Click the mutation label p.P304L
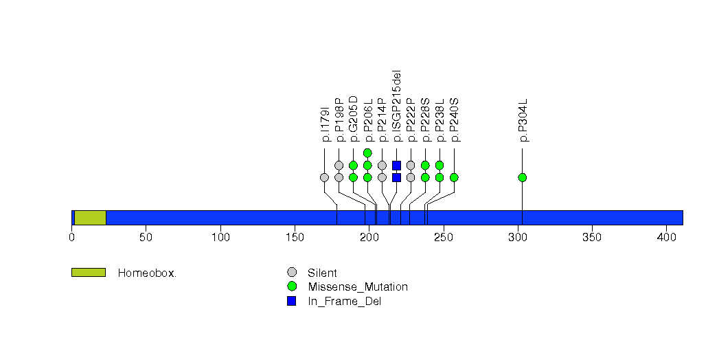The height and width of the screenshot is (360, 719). point(523,120)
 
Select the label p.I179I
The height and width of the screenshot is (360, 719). point(326,124)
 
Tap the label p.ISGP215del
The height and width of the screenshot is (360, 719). point(397,106)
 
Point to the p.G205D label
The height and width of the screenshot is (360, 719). point(353,119)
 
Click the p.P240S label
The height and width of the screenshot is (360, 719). point(455,120)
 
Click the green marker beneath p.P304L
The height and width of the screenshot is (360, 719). point(523,177)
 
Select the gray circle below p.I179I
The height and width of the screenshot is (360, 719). point(325,177)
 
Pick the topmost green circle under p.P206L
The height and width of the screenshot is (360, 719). point(367,153)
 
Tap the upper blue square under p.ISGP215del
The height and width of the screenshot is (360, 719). point(397,165)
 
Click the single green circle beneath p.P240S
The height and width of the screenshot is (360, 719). point(454,177)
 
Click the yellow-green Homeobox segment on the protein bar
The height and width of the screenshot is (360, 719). point(91,218)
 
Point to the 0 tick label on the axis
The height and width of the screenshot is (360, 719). point(71,237)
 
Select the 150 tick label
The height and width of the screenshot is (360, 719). point(295,237)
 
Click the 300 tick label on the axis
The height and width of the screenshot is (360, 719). point(518,237)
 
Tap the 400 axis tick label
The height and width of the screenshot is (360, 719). point(667,237)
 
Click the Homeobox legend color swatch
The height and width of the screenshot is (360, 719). point(89,273)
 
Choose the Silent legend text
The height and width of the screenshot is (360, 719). point(322,273)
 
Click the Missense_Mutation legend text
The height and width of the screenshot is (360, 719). point(358,287)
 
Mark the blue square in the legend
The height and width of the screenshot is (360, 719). point(292,301)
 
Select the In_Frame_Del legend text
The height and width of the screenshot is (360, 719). point(344,302)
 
